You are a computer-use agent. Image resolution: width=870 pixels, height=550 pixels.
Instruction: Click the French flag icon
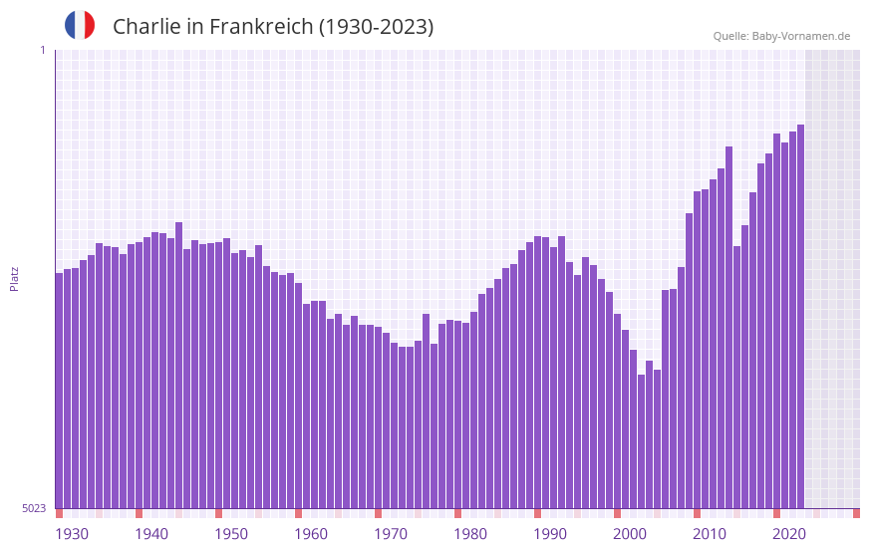pyautogui.click(x=80, y=25)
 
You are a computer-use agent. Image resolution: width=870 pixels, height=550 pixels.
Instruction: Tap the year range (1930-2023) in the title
pyautogui.click(x=376, y=27)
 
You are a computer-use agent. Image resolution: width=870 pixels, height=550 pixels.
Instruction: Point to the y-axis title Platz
pyautogui.click(x=14, y=278)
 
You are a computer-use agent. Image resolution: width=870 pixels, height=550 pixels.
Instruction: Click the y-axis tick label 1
pyautogui.click(x=42, y=50)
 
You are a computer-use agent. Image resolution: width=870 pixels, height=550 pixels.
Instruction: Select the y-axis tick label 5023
pyautogui.click(x=35, y=508)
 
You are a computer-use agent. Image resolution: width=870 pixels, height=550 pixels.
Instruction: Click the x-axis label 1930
pyautogui.click(x=72, y=534)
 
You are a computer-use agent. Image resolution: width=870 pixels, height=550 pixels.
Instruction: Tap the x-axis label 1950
pyautogui.click(x=231, y=534)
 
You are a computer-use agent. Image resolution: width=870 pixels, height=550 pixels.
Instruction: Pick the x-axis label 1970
pyautogui.click(x=391, y=534)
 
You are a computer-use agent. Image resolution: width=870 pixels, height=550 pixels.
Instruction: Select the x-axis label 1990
pyautogui.click(x=550, y=534)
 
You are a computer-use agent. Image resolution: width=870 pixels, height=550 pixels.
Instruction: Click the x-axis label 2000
pyautogui.click(x=630, y=534)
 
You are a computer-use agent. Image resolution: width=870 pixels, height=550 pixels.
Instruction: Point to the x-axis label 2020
pyautogui.click(x=789, y=534)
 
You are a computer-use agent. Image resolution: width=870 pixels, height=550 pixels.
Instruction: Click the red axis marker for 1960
pyautogui.click(x=298, y=513)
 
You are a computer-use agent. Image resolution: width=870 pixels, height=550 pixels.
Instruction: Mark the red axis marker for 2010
pyautogui.click(x=697, y=513)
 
